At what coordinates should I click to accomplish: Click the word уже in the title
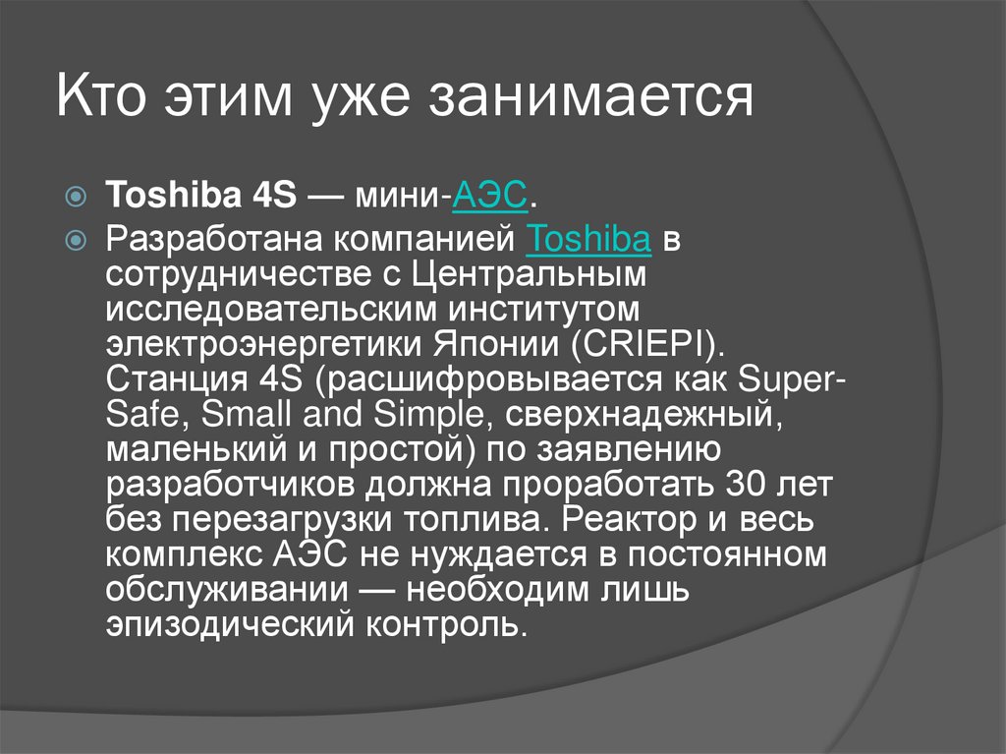(372, 99)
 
